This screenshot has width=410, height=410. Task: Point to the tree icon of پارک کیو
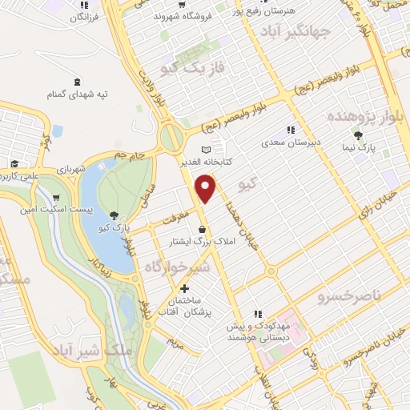point(114,215)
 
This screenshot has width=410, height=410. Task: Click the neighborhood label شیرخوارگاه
point(178,267)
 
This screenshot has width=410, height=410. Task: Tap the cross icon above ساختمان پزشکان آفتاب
point(185,288)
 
